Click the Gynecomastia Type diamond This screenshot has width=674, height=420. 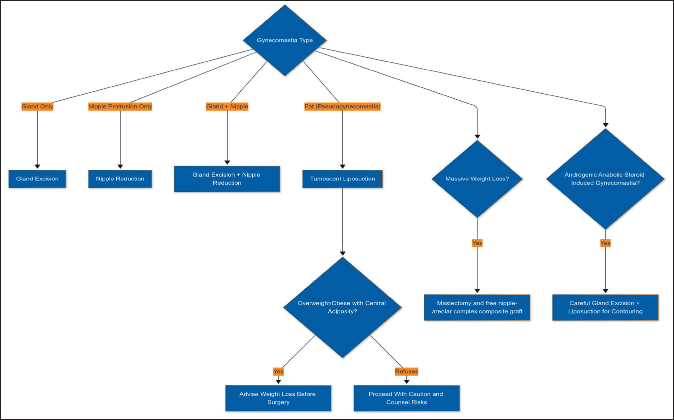click(x=285, y=40)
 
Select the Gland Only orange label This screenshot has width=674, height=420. click(x=37, y=106)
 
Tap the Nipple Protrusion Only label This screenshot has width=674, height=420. click(x=120, y=106)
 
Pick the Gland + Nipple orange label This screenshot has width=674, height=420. click(x=227, y=106)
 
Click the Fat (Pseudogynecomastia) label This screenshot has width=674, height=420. click(x=342, y=106)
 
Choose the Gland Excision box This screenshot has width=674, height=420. click(x=37, y=179)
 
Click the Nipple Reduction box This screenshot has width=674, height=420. click(x=120, y=179)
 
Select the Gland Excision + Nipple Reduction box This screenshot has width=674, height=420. click(x=227, y=179)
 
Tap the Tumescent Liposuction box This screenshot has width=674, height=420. click(x=342, y=179)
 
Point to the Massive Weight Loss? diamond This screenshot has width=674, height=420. click(x=477, y=179)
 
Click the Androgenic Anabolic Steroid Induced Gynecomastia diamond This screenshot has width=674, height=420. click(x=606, y=179)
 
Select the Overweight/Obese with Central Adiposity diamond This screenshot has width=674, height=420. click(x=342, y=307)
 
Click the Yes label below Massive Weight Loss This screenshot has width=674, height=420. click(x=477, y=243)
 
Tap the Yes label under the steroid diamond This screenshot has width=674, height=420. click(x=606, y=243)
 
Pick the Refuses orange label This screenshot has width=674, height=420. click(x=406, y=371)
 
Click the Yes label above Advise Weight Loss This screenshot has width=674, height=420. click(x=278, y=371)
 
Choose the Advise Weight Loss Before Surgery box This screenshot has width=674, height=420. click(x=278, y=398)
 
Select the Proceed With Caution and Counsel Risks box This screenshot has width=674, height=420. click(x=406, y=398)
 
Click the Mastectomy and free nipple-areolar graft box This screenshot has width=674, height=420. click(x=477, y=307)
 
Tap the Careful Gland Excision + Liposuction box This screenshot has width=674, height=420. click(x=606, y=307)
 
